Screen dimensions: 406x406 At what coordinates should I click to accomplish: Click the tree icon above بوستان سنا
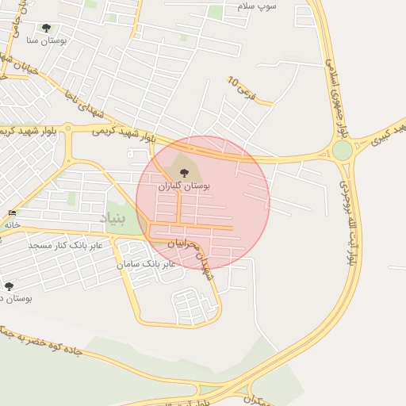tap(46, 29)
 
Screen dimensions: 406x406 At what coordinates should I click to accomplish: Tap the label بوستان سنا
tap(46, 40)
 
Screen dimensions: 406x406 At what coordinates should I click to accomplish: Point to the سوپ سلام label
tap(257, 6)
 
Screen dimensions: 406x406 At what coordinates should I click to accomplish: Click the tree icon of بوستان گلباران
tap(183, 172)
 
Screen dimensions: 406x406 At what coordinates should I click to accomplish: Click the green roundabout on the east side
tap(342, 150)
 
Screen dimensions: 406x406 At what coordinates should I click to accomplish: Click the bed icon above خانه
tap(11, 213)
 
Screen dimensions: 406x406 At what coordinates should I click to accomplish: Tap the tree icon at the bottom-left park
tap(10, 286)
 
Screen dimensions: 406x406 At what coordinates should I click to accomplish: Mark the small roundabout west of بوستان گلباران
tap(69, 127)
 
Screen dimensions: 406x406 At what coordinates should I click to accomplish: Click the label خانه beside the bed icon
tap(11, 224)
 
